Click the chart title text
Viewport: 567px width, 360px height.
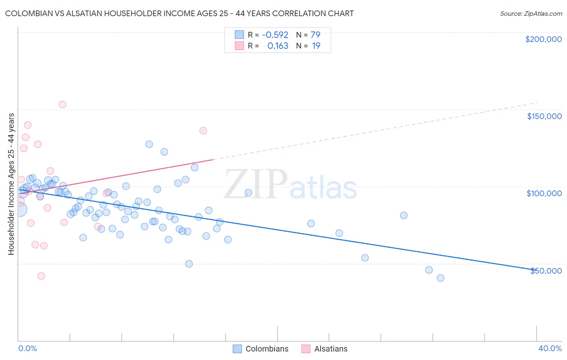click(179, 13)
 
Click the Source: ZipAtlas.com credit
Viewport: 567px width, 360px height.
click(531, 13)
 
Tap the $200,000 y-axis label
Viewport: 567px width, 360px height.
click(543, 39)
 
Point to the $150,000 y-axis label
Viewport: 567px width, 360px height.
click(544, 116)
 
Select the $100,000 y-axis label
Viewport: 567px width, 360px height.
click(544, 193)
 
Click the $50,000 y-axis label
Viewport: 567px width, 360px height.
click(546, 270)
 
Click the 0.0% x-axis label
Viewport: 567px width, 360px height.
click(27, 348)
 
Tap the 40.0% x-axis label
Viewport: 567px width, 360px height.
click(550, 348)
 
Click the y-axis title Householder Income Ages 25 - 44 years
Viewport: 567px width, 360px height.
click(11, 184)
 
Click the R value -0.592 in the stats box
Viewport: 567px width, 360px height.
click(275, 35)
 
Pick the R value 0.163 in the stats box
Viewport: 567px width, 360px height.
click(277, 46)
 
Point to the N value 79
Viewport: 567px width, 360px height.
click(315, 35)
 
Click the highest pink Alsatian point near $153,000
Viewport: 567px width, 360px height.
click(63, 105)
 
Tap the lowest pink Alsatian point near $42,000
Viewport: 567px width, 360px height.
click(41, 276)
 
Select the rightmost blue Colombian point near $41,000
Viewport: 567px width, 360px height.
click(440, 278)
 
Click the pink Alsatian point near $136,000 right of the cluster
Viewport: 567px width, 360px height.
click(203, 131)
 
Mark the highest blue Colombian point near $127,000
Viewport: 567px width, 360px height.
click(149, 144)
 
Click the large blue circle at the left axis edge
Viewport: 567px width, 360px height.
click(19, 209)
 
